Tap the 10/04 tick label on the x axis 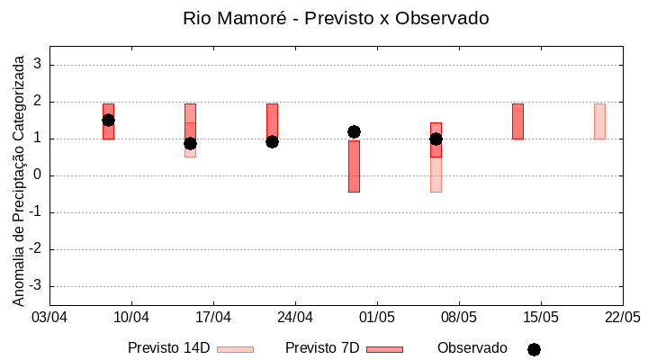coord(131,318)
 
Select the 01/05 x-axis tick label coord(377,318)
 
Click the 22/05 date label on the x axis coord(622,318)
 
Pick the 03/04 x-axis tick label coord(49,318)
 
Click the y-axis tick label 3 coord(39,65)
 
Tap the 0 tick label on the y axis coord(39,175)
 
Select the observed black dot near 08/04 coord(108,120)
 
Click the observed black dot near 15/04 coord(190,143)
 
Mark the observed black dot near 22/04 coord(272,141)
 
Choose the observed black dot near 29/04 coord(354,131)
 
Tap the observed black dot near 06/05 coord(436,139)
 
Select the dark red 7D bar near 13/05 coord(517,121)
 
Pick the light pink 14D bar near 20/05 coord(599,121)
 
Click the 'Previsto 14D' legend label coord(168,348)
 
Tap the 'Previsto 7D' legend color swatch coord(384,349)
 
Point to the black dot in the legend coord(534,349)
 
